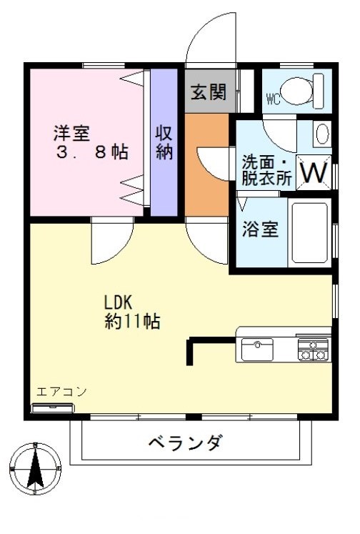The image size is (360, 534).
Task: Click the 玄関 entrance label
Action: click(209, 92)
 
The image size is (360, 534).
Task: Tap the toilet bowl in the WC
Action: click(298, 91)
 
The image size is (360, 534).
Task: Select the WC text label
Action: click(274, 99)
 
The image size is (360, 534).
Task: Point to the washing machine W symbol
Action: click(314, 172)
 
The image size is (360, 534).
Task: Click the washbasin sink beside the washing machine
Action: click(322, 134)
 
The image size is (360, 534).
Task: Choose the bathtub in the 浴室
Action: click(309, 232)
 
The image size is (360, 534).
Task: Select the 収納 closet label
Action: click(164, 142)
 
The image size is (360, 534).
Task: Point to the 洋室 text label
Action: click(72, 133)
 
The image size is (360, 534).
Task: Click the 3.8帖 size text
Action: click(92, 152)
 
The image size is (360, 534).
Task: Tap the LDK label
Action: click(118, 302)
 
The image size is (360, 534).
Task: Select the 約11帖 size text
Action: click(132, 321)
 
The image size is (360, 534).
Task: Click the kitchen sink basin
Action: click(257, 350)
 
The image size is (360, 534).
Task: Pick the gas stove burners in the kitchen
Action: click(313, 350)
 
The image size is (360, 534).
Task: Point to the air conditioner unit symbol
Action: click(52, 407)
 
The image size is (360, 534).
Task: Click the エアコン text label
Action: click(61, 392)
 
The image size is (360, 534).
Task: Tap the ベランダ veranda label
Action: click(186, 443)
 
